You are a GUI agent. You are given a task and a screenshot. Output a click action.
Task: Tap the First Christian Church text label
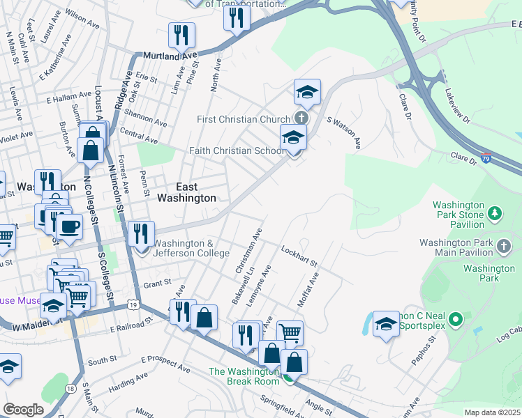[243, 119]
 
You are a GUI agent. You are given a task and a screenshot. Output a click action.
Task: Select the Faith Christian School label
[236, 151]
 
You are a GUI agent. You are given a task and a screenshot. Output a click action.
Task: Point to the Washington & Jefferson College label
[191, 248]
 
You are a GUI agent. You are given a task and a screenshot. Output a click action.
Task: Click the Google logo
[23, 410]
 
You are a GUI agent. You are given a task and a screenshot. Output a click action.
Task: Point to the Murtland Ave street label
[171, 55]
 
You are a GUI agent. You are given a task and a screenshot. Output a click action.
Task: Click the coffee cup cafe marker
[69, 226]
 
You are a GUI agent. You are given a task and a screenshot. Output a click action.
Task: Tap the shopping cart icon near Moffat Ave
[290, 332]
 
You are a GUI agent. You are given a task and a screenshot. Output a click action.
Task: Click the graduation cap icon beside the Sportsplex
[386, 324]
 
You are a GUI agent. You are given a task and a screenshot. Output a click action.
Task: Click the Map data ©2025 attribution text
[493, 412]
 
